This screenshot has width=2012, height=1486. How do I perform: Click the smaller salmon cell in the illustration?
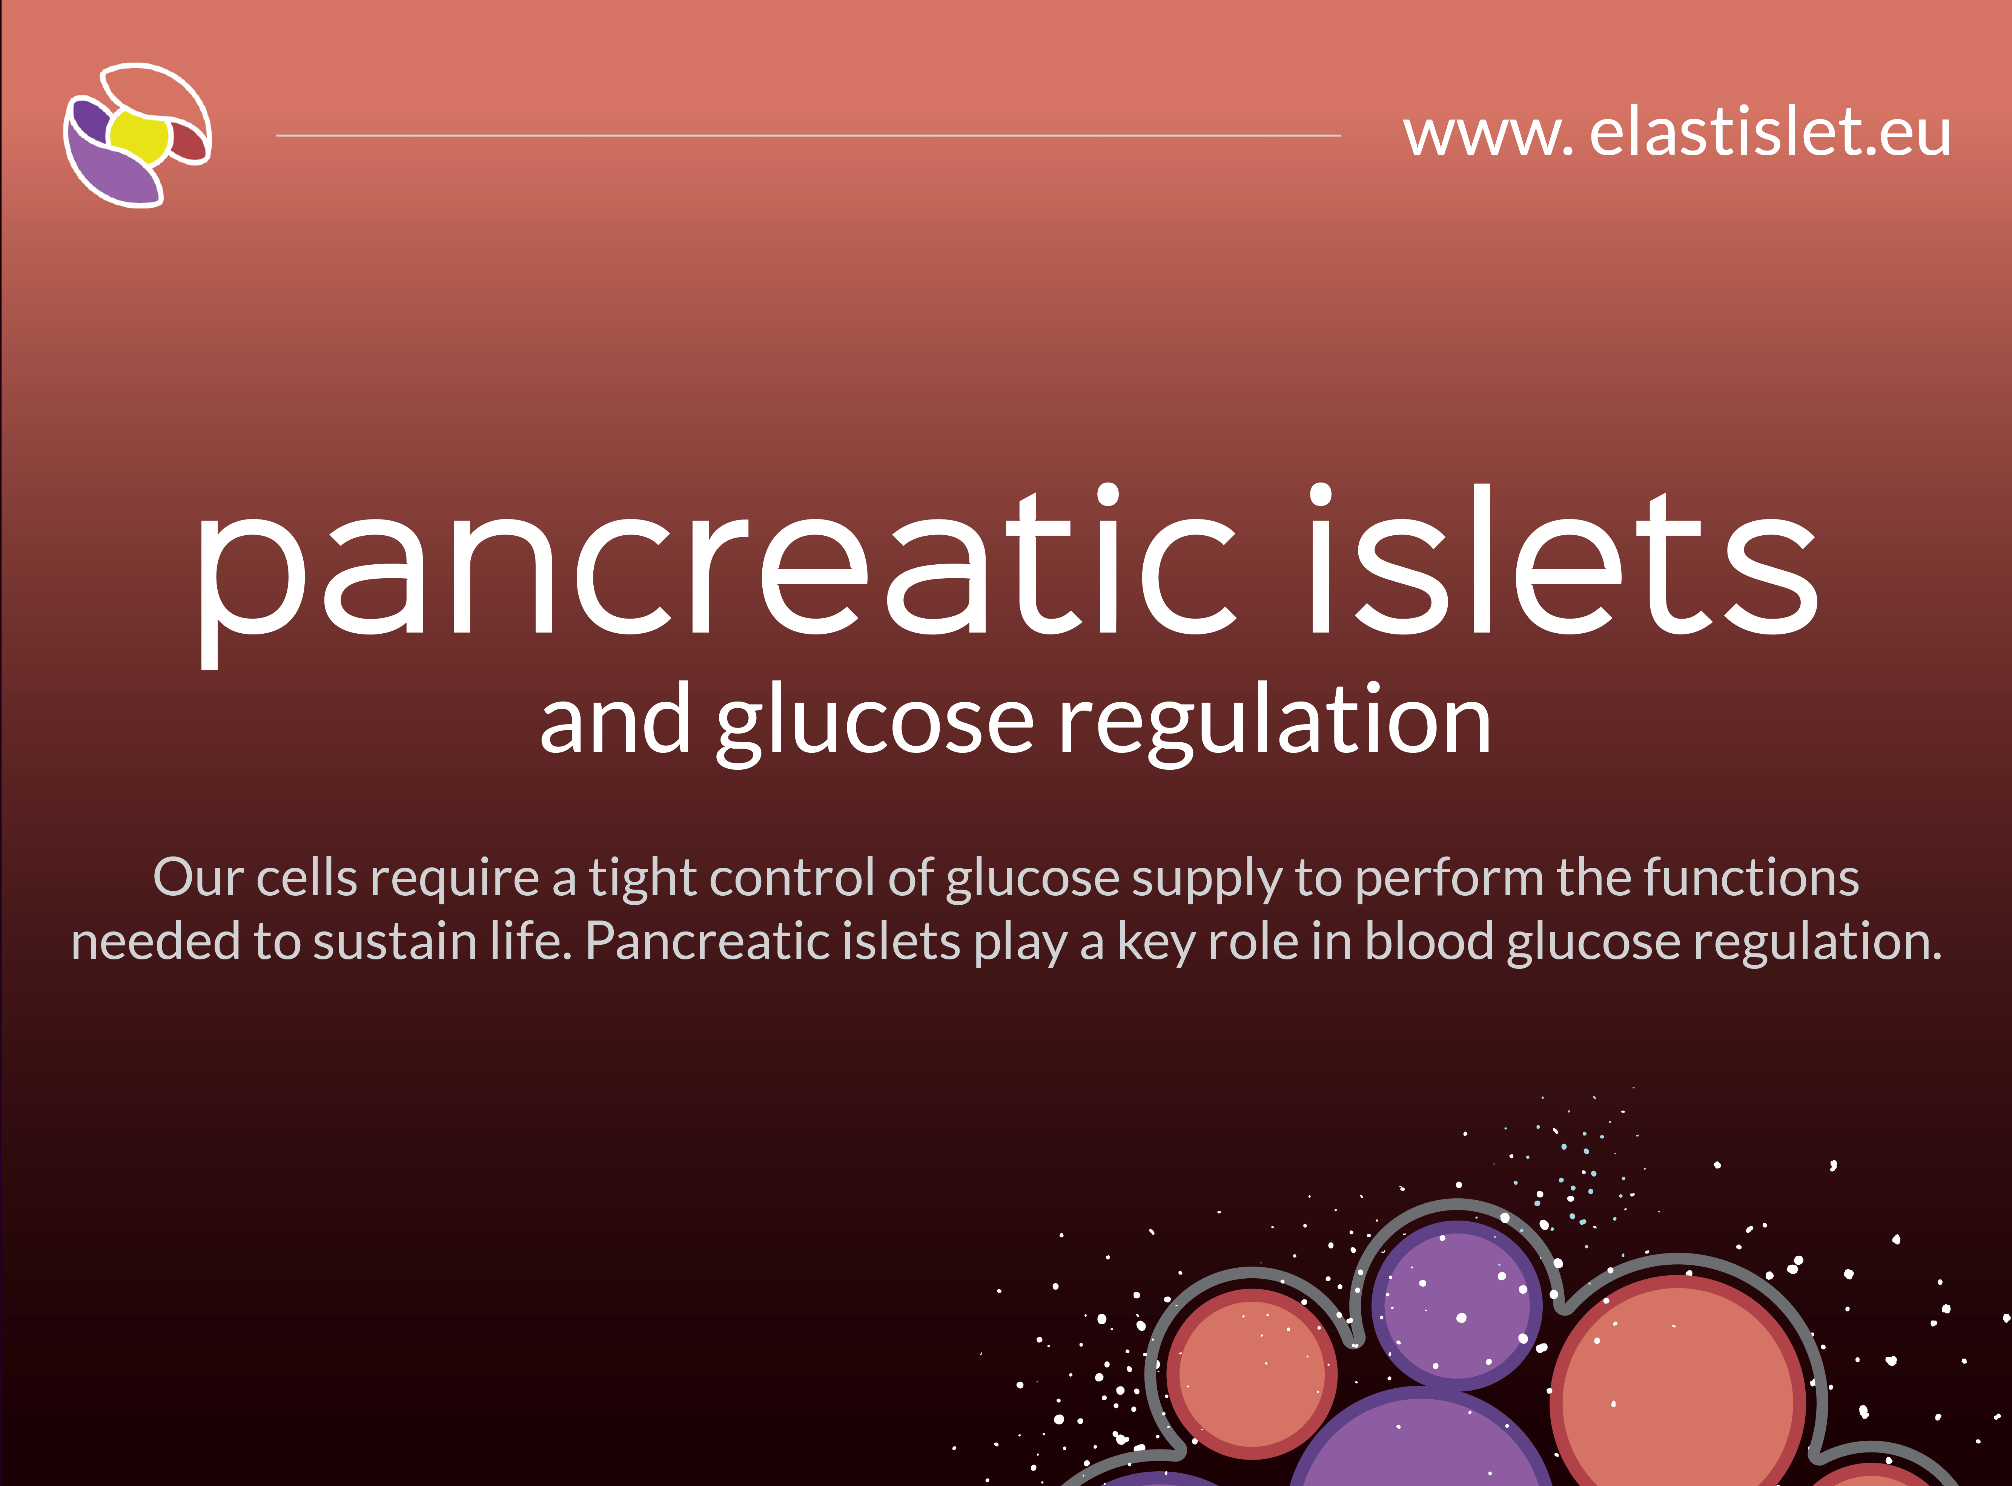[1252, 1374]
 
